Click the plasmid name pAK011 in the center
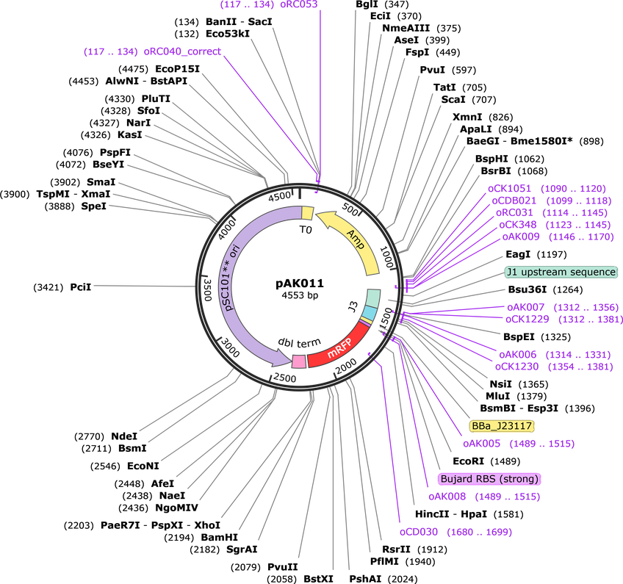(x=300, y=284)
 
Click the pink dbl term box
(x=299, y=361)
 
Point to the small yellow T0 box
(x=308, y=212)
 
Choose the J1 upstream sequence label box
(x=561, y=272)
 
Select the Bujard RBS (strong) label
(x=489, y=479)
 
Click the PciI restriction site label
(x=81, y=286)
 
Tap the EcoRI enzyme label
(x=469, y=461)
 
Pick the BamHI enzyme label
(x=220, y=538)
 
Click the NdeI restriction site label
(x=124, y=436)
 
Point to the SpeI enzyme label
(x=94, y=206)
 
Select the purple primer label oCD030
(x=419, y=532)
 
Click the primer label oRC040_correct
(x=182, y=51)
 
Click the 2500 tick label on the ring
(x=285, y=378)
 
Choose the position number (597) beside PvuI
(x=464, y=71)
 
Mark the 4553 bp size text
(x=300, y=295)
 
